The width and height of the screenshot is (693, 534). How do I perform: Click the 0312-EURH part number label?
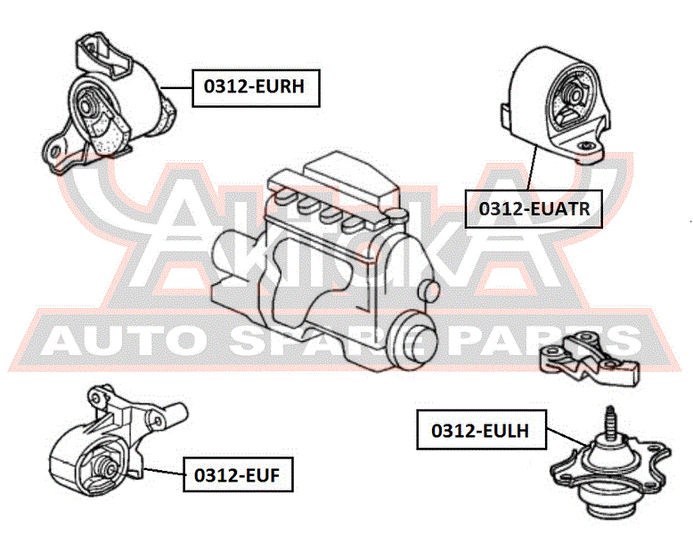pyautogui.click(x=256, y=88)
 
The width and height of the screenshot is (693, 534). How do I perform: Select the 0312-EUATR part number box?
pyautogui.click(x=534, y=209)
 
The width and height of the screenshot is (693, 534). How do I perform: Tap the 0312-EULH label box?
pyautogui.click(x=481, y=430)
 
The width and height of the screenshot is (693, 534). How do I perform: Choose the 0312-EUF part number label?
pyautogui.click(x=238, y=474)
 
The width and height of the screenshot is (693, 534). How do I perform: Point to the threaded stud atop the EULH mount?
pyautogui.click(x=610, y=423)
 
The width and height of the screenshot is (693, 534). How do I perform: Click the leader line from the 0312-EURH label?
pyautogui.click(x=176, y=88)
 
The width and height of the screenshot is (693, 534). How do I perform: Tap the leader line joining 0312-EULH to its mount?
pyautogui.click(x=567, y=437)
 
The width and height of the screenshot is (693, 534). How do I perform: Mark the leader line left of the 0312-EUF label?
pyautogui.click(x=164, y=472)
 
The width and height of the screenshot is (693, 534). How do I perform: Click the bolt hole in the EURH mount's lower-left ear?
pyautogui.click(x=55, y=152)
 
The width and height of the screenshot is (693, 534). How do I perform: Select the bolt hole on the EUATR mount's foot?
pyautogui.click(x=586, y=146)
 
